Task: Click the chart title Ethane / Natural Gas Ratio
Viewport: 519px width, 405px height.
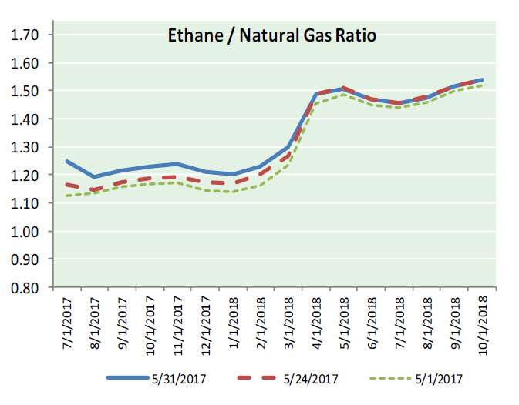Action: click(272, 35)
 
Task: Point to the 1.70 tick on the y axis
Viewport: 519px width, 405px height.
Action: click(26, 35)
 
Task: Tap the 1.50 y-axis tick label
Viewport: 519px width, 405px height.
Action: click(26, 91)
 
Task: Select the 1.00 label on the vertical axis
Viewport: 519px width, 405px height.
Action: click(26, 232)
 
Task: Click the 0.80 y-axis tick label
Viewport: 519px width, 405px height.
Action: click(26, 288)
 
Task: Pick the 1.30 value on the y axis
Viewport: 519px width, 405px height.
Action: click(26, 147)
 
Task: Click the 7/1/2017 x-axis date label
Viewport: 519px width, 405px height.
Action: click(67, 323)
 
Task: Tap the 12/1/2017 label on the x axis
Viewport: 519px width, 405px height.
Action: click(206, 325)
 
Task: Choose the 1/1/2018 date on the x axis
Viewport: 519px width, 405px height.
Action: click(234, 323)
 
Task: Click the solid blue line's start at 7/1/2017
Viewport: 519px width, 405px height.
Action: click(67, 161)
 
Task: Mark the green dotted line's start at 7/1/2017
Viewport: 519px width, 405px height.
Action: click(67, 196)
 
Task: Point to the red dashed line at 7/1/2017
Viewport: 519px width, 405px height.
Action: click(67, 184)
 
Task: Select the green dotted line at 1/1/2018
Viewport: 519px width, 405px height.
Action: click(234, 192)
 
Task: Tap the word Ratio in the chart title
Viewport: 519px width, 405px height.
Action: click(355, 35)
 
